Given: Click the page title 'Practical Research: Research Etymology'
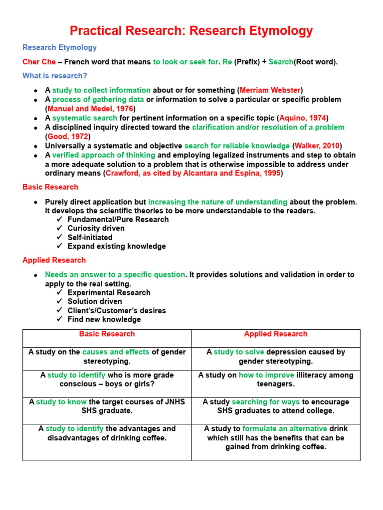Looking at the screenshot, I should [191, 31].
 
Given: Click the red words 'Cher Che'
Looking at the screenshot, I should [39, 62].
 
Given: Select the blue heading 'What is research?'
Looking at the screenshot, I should [55, 76].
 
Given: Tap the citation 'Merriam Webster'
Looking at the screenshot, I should [270, 90].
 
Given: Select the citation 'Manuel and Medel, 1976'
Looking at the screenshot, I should [90, 109].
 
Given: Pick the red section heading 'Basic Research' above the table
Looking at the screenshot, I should [50, 187].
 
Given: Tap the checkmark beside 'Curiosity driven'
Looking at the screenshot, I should [60, 229].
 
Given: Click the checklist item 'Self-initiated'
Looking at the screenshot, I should [90, 238].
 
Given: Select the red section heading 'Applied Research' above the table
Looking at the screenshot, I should [54, 260].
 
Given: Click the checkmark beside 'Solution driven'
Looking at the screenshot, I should [60, 301].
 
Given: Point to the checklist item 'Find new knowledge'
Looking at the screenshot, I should [104, 319].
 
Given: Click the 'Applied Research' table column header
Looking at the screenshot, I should [276, 334].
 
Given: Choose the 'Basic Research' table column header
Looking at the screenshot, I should [107, 334].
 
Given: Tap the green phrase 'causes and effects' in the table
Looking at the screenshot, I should [116, 352].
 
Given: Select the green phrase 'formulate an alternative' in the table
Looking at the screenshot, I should [285, 428].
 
